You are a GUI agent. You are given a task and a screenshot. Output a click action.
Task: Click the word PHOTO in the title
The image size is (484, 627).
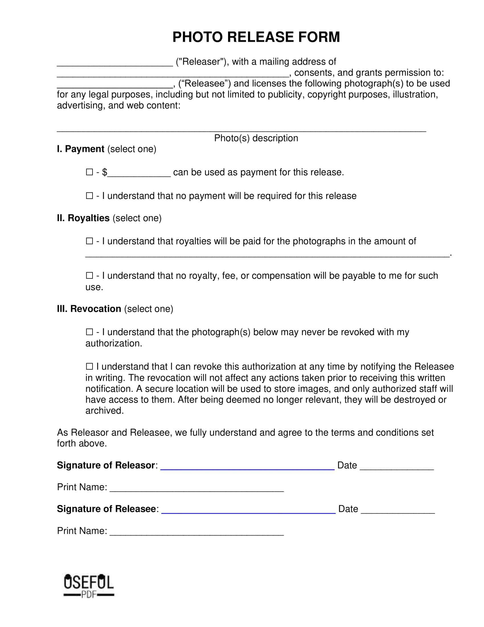[197, 37]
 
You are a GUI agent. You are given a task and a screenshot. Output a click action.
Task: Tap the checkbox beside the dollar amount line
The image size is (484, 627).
[89, 172]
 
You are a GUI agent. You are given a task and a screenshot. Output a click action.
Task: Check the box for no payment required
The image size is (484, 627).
[89, 196]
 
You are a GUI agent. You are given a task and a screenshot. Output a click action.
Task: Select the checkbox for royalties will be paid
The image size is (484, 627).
[89, 241]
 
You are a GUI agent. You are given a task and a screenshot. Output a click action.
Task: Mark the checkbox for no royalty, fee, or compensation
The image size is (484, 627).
[89, 276]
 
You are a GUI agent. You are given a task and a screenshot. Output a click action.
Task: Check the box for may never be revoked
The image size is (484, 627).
[89, 332]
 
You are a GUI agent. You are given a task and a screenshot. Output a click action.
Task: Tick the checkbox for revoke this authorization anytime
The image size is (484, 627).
[89, 367]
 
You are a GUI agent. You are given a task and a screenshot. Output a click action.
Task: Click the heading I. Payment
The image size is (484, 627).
[81, 149]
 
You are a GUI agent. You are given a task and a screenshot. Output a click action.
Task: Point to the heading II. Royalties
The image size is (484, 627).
[83, 218]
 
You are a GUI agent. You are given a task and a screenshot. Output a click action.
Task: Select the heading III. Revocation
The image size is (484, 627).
[89, 309]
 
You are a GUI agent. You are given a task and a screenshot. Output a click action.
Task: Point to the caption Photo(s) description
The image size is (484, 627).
[256, 139]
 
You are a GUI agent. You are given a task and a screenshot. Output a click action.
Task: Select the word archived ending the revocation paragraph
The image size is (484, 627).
[104, 410]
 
